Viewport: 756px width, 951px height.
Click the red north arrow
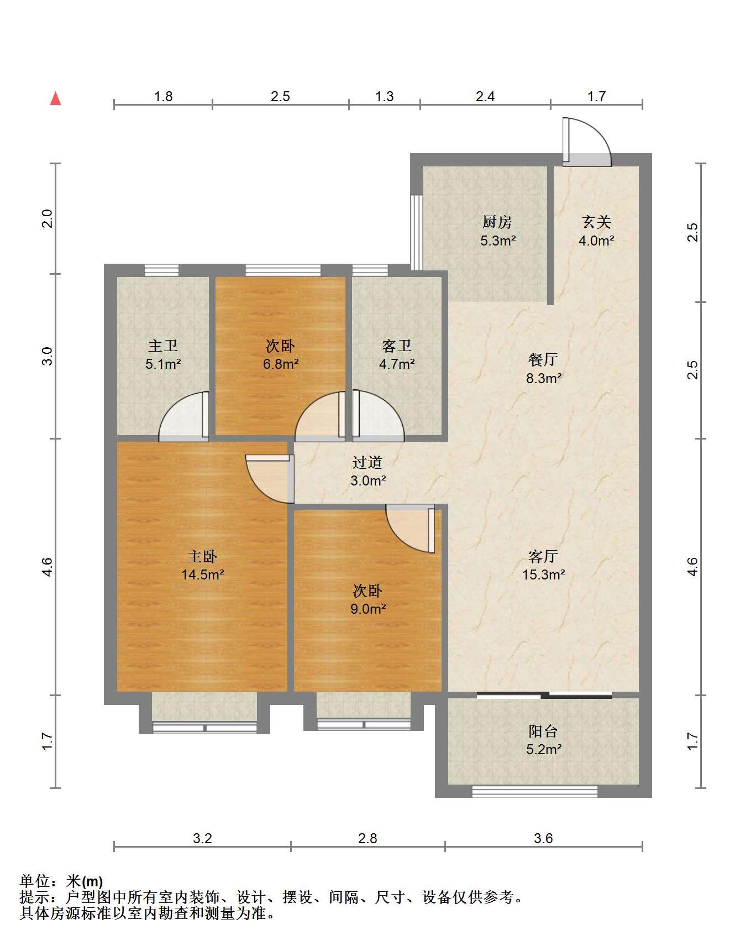click(x=55, y=98)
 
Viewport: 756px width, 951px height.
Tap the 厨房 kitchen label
click(x=497, y=222)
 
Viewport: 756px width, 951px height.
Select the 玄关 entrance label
click(x=597, y=222)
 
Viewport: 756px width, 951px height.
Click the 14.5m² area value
click(x=202, y=574)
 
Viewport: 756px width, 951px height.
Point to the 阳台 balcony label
click(x=543, y=731)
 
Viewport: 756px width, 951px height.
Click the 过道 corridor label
click(x=368, y=462)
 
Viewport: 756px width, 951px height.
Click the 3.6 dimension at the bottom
click(x=543, y=839)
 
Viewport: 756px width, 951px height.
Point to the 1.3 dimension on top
click(x=385, y=97)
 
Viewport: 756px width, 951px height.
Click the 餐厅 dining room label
click(x=543, y=360)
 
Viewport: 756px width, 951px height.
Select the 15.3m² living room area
click(x=543, y=574)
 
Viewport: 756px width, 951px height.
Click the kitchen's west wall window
click(x=417, y=232)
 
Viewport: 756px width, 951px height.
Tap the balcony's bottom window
click(x=534, y=791)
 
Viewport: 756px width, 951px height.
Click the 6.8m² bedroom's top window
click(x=283, y=270)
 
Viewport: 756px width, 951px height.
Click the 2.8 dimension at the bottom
click(x=368, y=839)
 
